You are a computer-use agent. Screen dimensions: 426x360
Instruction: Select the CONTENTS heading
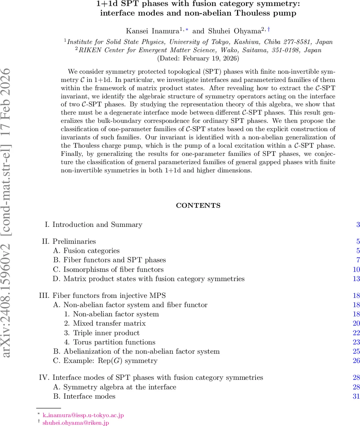click(x=198, y=206)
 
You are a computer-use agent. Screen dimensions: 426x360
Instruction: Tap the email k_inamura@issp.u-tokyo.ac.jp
click(x=83, y=415)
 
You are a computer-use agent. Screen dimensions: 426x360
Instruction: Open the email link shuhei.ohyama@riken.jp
click(x=76, y=422)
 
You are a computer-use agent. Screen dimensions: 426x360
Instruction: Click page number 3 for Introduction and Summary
click(x=358, y=225)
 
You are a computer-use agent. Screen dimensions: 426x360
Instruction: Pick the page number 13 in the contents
click(x=356, y=279)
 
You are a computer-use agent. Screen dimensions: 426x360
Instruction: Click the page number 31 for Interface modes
click(x=356, y=396)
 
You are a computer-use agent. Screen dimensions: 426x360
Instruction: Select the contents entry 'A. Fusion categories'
click(x=86, y=251)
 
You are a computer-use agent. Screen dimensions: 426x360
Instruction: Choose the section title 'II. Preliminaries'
click(x=69, y=241)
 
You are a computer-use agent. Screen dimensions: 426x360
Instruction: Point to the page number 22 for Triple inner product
click(x=356, y=333)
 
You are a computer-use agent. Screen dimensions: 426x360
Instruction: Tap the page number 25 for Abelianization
click(x=356, y=351)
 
